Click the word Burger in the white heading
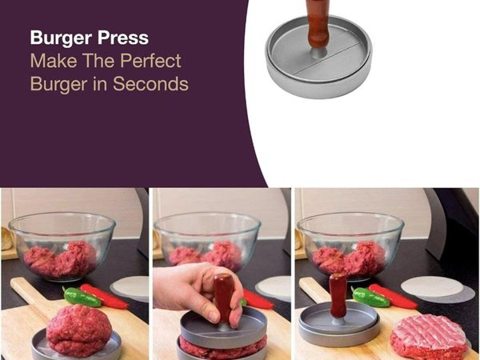click(61, 38)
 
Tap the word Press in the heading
click(123, 38)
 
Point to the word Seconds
click(150, 83)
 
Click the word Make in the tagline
click(54, 60)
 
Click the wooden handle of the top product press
click(318, 23)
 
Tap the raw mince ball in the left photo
click(78, 330)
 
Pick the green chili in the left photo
click(82, 298)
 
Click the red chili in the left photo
click(105, 296)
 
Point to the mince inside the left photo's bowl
click(60, 258)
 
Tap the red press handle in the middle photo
click(224, 298)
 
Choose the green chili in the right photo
click(370, 297)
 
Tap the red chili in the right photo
click(393, 296)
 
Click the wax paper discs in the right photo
click(438, 290)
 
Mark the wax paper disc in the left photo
click(130, 289)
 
